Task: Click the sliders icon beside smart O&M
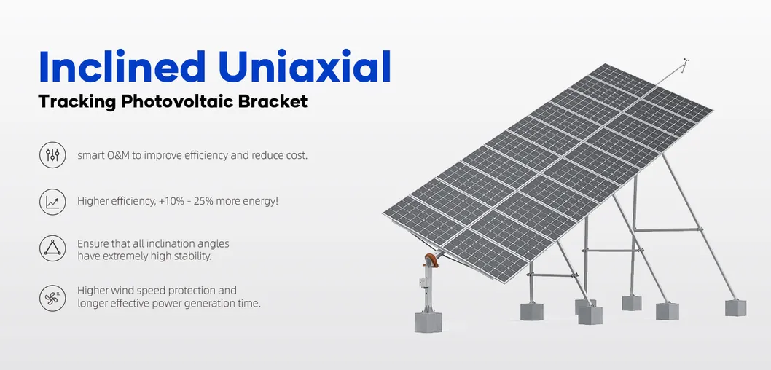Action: click(x=52, y=156)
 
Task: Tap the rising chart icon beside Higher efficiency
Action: click(x=52, y=202)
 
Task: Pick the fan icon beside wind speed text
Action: click(x=52, y=297)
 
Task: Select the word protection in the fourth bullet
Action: click(x=207, y=290)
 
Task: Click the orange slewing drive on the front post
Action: click(x=431, y=261)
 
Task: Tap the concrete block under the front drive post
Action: click(x=429, y=321)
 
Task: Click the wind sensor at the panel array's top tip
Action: click(x=685, y=63)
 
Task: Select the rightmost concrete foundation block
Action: click(x=735, y=307)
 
